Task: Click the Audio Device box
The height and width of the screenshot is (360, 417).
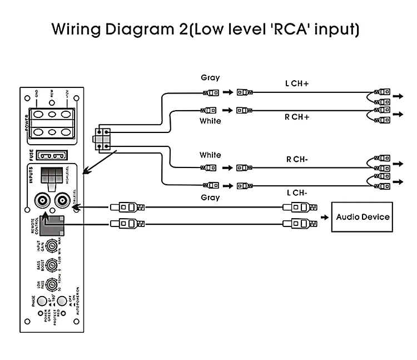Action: point(362,217)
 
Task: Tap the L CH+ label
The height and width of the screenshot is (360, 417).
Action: point(297,83)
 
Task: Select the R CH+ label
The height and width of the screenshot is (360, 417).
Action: point(297,117)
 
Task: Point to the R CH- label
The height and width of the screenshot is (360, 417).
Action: point(297,159)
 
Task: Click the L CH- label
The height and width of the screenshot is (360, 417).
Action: point(297,193)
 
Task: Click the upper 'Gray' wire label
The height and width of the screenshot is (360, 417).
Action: point(210,78)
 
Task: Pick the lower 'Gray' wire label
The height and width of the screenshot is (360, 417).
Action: point(210,198)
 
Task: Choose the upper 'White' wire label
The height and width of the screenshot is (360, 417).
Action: point(210,121)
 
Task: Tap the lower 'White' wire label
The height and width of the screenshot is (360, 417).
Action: point(210,155)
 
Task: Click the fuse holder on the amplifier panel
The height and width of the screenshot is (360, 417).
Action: point(52,156)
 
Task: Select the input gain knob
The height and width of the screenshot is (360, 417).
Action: point(52,245)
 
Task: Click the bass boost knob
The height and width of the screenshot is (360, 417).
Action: point(52,264)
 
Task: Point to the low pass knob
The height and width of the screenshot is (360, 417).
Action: point(52,284)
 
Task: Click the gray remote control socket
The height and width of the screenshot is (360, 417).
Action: point(54,223)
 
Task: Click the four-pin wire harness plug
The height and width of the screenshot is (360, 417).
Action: point(102,139)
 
